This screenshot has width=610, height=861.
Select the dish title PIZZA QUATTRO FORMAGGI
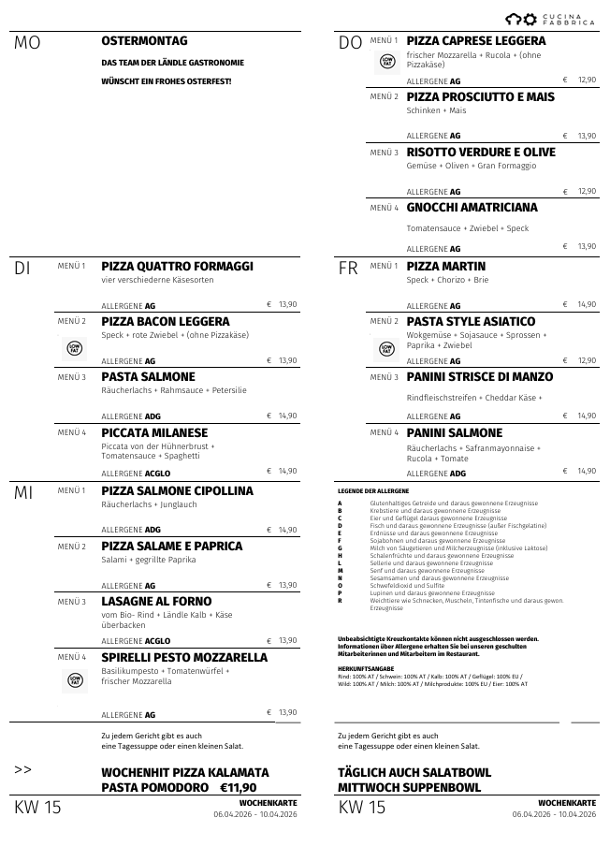click(177, 267)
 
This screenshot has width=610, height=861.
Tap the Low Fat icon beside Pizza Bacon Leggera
click(75, 348)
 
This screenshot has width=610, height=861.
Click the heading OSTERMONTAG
click(144, 41)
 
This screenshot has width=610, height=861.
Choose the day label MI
click(24, 492)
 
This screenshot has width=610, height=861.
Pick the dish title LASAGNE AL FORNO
click(156, 602)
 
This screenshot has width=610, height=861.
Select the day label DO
click(350, 44)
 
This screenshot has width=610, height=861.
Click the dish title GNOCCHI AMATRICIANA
click(472, 208)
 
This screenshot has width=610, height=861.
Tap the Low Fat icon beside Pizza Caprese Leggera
click(387, 62)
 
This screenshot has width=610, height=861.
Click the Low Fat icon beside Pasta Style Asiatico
click(387, 348)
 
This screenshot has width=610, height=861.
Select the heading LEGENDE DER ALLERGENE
click(373, 490)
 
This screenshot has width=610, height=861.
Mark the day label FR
click(348, 269)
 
